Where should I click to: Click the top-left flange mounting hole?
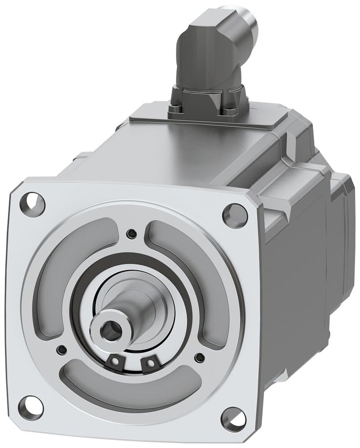33,203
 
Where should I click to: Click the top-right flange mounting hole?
235,214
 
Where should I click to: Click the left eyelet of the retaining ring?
115,361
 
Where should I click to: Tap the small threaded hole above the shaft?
131,233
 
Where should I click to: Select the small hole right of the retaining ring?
200,357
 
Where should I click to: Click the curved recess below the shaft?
130,389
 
